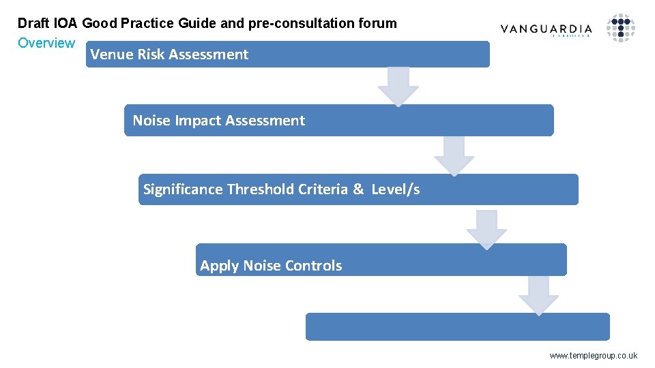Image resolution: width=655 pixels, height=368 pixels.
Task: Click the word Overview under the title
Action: (46, 43)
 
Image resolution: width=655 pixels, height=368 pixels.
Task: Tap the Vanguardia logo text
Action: (546, 29)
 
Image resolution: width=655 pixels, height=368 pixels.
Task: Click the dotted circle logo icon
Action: (621, 28)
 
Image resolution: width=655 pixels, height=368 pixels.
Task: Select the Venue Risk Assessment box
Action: (287, 55)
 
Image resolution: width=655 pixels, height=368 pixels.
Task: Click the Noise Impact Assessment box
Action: (338, 121)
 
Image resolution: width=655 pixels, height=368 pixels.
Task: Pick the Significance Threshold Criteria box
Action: (358, 189)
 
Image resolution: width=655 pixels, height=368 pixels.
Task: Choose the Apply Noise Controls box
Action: (381, 260)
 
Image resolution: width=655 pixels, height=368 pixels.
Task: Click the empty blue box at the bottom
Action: (457, 326)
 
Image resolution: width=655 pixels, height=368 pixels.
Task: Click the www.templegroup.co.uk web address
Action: (593, 355)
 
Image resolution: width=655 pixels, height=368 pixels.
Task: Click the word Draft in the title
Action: (32, 23)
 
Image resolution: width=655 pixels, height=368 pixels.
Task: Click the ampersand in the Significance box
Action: (358, 189)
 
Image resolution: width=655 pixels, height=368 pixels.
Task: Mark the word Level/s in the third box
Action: (396, 189)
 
